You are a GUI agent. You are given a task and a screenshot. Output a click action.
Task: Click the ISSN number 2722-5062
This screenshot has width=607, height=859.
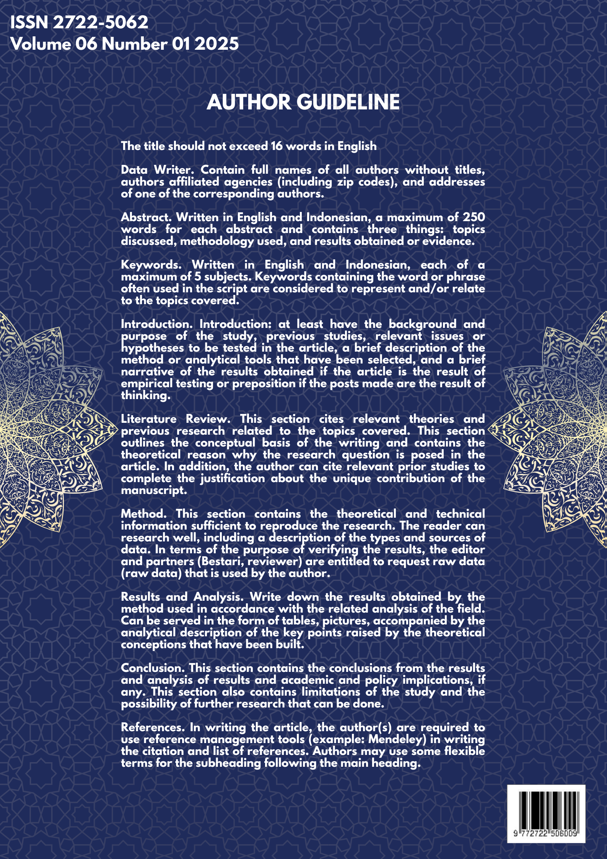click(100, 23)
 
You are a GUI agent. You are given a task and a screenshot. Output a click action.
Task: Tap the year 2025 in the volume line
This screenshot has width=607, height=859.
click(216, 44)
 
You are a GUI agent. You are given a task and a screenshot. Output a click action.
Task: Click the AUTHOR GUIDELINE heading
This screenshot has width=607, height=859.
click(303, 103)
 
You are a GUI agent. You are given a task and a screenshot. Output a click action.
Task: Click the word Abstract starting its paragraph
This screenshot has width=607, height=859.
click(146, 217)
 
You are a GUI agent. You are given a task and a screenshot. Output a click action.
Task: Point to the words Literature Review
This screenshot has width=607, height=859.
click(176, 419)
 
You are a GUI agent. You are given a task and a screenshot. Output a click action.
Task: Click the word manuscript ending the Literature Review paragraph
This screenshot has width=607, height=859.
click(154, 491)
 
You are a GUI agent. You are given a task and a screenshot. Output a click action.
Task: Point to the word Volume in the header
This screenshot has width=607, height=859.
click(41, 44)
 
